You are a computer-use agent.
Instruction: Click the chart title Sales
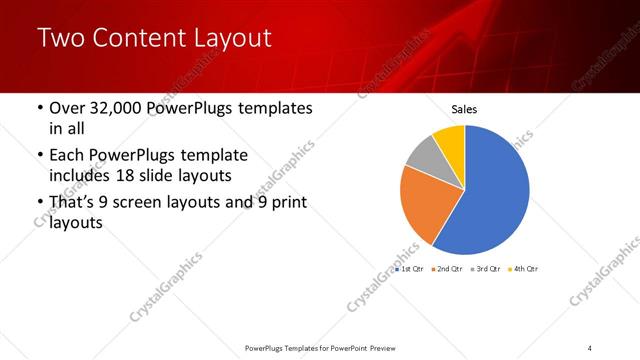click(464, 110)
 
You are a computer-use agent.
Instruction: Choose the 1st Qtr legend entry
click(410, 269)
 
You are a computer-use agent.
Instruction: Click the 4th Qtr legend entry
click(525, 269)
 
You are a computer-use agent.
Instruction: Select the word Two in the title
click(58, 39)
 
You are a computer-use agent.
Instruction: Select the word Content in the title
click(137, 39)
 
